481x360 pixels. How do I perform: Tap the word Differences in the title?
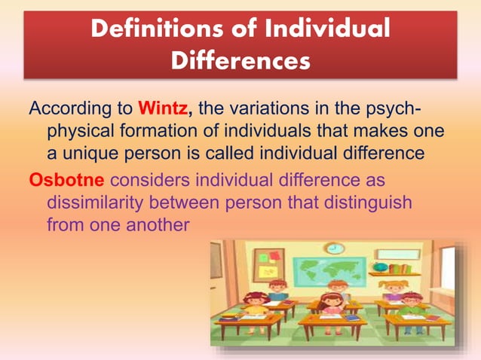240,60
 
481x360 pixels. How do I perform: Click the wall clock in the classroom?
334,248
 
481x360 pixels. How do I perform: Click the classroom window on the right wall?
447,272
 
